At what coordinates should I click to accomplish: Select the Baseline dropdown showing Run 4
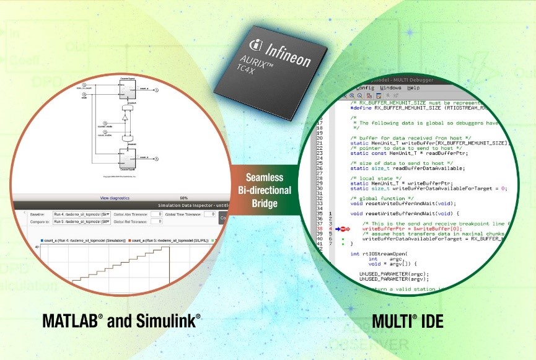(81, 214)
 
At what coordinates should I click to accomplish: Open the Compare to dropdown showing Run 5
(81, 221)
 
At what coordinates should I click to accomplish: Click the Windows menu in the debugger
(390, 88)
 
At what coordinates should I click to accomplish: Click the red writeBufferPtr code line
(403, 229)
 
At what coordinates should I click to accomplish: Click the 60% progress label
(183, 198)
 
